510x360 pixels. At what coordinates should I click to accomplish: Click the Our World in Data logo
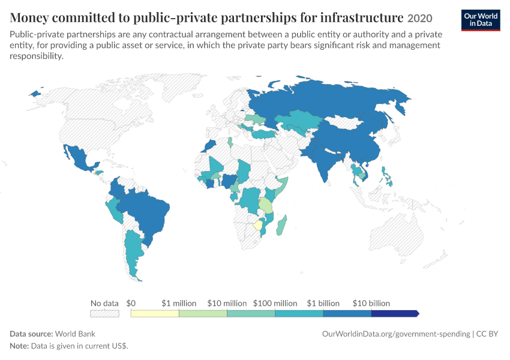481,20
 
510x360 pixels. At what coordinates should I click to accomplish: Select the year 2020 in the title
419,18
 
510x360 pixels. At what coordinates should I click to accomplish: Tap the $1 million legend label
179,303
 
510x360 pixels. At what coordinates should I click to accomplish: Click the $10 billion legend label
371,303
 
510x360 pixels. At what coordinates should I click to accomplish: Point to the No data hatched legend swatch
104,313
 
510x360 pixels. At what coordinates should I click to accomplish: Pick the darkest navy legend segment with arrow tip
395,313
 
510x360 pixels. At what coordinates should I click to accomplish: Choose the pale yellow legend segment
155,313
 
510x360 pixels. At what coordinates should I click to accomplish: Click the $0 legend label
131,303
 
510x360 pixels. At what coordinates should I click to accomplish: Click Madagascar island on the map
281,226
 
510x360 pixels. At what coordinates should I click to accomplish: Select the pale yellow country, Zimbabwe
258,225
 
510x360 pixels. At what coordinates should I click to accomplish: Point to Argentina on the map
133,254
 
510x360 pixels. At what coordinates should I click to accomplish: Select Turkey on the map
263,134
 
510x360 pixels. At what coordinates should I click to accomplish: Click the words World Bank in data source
75,334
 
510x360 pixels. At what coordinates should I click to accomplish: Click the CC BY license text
487,334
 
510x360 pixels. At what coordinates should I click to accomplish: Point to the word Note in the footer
19,346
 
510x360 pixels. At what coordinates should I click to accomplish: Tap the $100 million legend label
275,303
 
